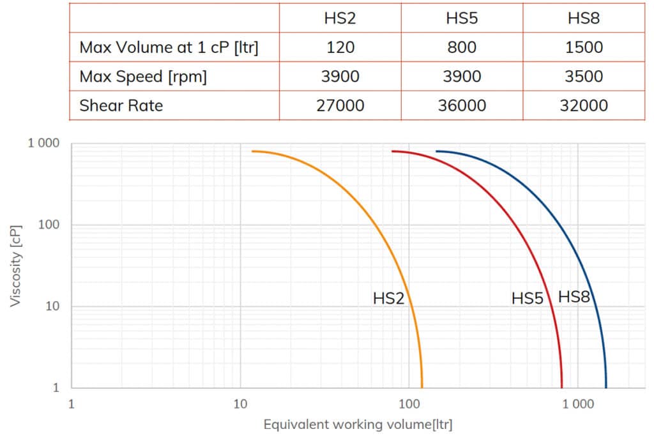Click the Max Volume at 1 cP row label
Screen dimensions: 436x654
(169, 48)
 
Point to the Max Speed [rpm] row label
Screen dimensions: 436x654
(143, 77)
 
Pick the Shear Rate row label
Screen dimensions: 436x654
(121, 105)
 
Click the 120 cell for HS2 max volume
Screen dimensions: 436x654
(340, 48)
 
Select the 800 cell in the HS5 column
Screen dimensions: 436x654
(462, 48)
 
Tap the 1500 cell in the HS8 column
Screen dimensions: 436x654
(584, 48)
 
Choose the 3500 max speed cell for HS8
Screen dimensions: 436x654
(584, 77)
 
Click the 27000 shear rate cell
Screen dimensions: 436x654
(340, 105)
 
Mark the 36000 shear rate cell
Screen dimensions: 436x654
(462, 105)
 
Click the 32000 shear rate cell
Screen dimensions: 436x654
(584, 105)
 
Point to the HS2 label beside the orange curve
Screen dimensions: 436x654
(389, 298)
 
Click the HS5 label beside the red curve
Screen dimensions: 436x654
(527, 298)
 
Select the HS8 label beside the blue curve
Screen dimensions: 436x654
(574, 297)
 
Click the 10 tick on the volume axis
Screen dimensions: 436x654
(240, 403)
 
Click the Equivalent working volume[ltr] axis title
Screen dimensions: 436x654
(358, 425)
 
